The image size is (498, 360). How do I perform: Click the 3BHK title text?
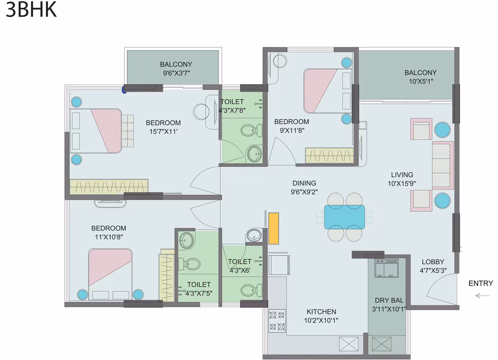pos(31,9)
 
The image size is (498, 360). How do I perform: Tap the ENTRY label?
pos(480,283)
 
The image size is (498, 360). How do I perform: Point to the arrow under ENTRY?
pos(482,296)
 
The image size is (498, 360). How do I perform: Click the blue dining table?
pos(345,217)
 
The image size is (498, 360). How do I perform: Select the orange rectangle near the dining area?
pos(273,228)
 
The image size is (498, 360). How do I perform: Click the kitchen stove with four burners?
pos(277,320)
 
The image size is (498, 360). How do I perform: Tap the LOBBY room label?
pos(433,262)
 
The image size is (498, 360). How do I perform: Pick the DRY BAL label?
pos(389,300)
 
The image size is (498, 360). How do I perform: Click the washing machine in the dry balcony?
pos(386,268)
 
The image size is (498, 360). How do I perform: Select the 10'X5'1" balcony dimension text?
pos(421,81)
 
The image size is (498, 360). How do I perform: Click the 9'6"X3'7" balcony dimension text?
pos(176,73)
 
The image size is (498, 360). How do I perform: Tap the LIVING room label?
pos(402,175)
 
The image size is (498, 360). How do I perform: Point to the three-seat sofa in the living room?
pos(443,165)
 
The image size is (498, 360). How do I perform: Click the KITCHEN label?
pos(322,312)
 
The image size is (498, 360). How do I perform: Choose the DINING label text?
pos(304,183)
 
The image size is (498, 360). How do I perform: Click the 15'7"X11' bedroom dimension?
pos(164,131)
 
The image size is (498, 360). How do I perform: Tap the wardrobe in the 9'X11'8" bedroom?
pos(329,156)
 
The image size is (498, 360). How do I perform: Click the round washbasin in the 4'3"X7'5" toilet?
pos(186,241)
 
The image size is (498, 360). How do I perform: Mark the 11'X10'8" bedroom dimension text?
pos(109,237)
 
